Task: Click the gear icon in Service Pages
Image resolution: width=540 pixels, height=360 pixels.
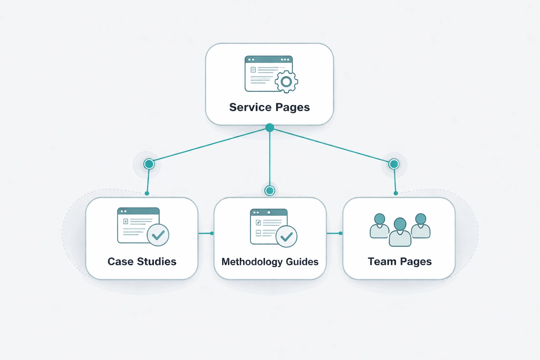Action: coord(286,82)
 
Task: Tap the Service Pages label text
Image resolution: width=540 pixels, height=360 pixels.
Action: coord(269,107)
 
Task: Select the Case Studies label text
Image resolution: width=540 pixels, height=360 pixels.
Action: coord(142,262)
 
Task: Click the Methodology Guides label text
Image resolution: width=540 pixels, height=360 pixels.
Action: coord(270,262)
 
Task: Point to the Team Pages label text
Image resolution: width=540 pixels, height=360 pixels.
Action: coord(399,262)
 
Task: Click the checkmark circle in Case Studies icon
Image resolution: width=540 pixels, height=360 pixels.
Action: coord(158,235)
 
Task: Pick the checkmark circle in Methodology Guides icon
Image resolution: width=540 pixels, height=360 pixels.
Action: coord(287,237)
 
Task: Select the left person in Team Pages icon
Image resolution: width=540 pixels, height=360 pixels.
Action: coord(380,226)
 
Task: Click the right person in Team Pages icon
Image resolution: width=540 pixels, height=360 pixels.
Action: coord(421,226)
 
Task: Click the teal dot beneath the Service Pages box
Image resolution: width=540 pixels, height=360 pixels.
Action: coord(270,128)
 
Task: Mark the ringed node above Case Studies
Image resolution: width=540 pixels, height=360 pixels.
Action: coord(149,164)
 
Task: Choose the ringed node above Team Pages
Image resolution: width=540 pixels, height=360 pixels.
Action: coord(394,164)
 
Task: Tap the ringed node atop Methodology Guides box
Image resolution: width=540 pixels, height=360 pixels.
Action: coord(270,191)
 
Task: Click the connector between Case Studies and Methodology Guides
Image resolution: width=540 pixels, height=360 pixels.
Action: coord(206,233)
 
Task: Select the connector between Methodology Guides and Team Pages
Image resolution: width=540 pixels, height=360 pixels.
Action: coord(334,233)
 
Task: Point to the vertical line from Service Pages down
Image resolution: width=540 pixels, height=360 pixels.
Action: coord(270,158)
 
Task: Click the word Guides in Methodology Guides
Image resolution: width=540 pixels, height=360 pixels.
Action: coord(302,262)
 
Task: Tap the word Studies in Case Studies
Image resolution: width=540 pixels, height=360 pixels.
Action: coord(156,262)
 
